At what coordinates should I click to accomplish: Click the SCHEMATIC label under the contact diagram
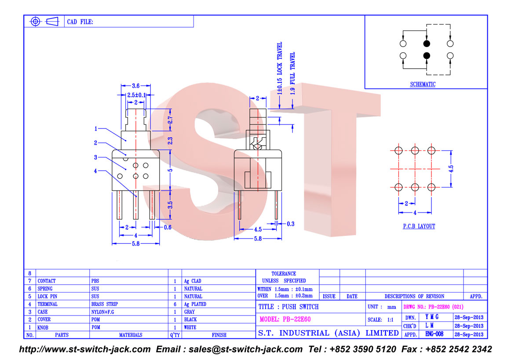[x=423, y=84]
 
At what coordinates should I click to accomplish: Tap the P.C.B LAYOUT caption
[x=419, y=226]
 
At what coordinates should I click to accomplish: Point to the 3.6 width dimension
[x=136, y=87]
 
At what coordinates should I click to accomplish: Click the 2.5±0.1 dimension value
[x=136, y=95]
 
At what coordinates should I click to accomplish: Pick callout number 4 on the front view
[x=95, y=171]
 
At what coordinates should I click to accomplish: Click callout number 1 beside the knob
[x=95, y=129]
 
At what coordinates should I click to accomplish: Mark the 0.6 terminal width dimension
[x=168, y=228]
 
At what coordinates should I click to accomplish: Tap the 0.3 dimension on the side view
[x=290, y=224]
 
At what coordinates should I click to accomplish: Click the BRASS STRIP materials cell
[x=105, y=304]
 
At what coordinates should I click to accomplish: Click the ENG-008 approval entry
[x=434, y=334]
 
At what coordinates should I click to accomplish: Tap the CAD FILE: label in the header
[x=80, y=22]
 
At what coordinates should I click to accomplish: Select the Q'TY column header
[x=175, y=335]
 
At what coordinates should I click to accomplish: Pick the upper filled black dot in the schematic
[x=426, y=44]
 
